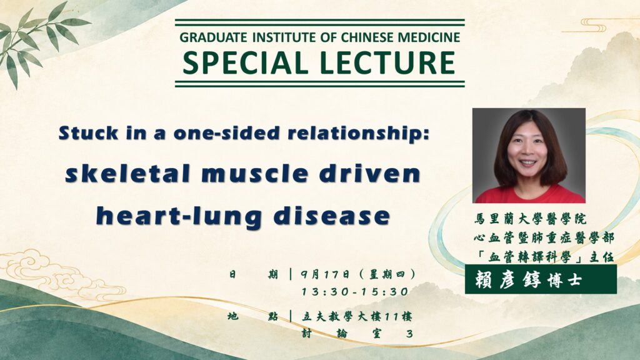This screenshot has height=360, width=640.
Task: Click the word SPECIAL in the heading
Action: tap(245, 63)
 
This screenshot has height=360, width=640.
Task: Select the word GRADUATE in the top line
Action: tap(214, 37)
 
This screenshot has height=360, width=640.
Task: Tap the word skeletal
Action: tap(127, 173)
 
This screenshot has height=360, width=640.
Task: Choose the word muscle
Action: tap(255, 174)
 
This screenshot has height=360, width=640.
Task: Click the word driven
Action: tap(370, 174)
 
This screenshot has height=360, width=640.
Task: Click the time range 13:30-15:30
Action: tap(355, 292)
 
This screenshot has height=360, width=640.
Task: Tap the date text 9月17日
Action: tap(325, 274)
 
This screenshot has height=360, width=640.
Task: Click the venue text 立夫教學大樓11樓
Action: tap(357, 316)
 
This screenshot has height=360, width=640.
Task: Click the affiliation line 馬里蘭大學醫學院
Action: tap(530, 219)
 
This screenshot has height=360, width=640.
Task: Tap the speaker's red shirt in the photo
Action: tap(529, 194)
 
